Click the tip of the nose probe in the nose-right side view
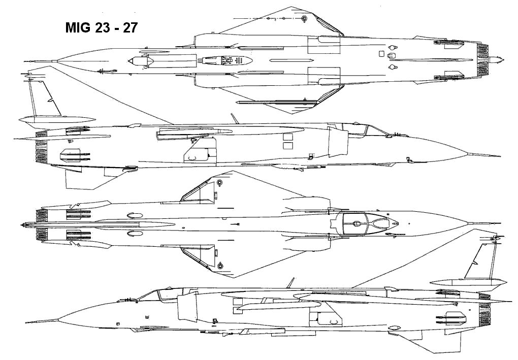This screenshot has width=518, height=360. coord(500,156)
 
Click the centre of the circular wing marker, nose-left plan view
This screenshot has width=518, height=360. coord(304,18)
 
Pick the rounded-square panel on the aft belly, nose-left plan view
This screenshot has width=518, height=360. coord(381,53)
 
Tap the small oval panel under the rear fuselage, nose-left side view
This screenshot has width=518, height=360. coord(394,329)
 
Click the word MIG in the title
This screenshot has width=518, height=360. coord(77,28)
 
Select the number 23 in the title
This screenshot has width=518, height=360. coord(102,28)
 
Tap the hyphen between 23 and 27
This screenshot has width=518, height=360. coord(116,29)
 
